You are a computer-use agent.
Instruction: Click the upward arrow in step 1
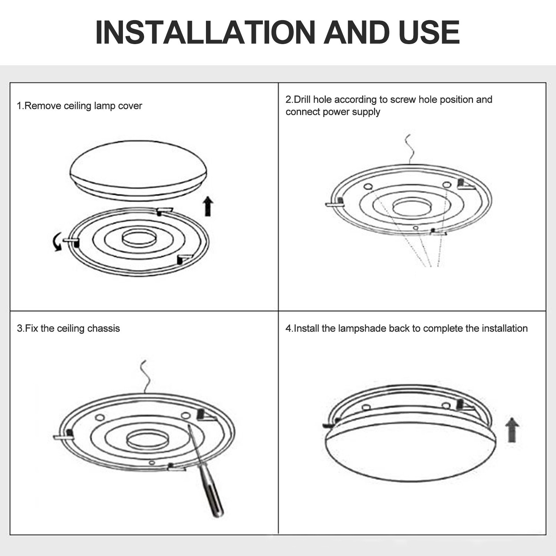[208, 206]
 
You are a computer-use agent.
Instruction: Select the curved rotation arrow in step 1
[56, 242]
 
